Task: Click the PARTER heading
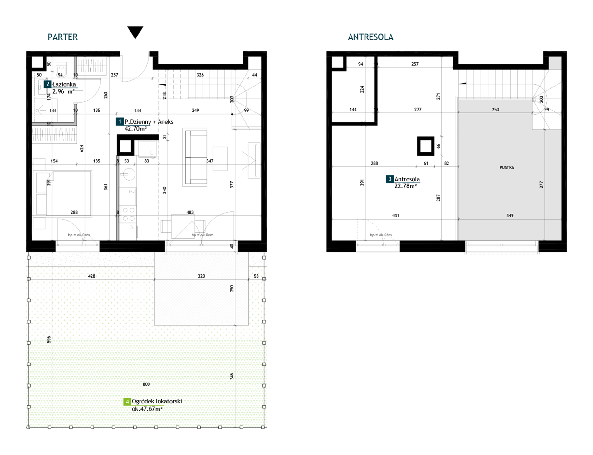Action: tap(62, 37)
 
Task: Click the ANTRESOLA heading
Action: tap(370, 37)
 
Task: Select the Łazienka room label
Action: tap(64, 84)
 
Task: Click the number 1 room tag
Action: tap(120, 121)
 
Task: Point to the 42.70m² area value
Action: tap(136, 128)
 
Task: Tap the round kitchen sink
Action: tap(128, 174)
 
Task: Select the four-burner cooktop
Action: tap(128, 214)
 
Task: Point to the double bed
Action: tap(69, 193)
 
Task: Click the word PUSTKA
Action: tap(507, 167)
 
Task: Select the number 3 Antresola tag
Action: tap(390, 179)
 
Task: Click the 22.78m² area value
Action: tap(405, 186)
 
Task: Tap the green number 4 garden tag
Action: tap(127, 402)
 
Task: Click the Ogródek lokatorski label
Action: tap(157, 401)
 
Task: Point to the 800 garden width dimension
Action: tap(146, 384)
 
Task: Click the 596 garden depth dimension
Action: tap(49, 339)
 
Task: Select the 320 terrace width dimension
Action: tap(201, 276)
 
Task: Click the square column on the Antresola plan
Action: tap(426, 146)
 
